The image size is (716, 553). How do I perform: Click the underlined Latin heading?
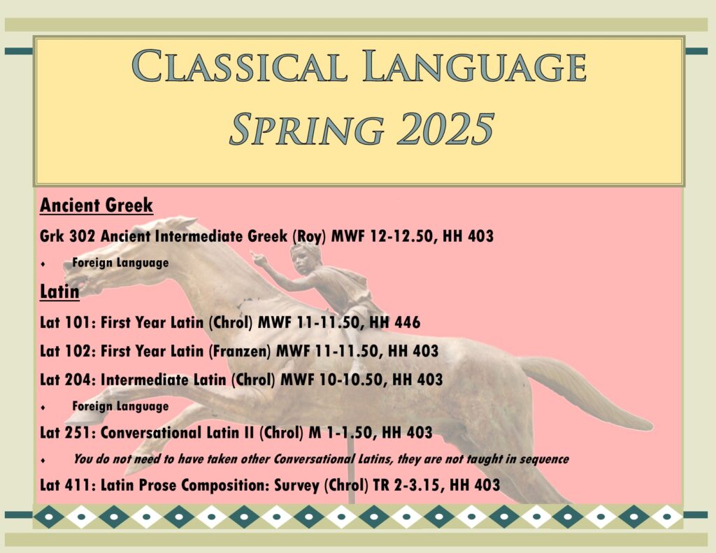click(59, 291)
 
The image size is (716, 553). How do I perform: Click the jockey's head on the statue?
click(306, 254)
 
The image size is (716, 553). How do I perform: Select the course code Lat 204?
click(68, 379)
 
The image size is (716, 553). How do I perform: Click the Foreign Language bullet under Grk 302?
click(120, 263)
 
